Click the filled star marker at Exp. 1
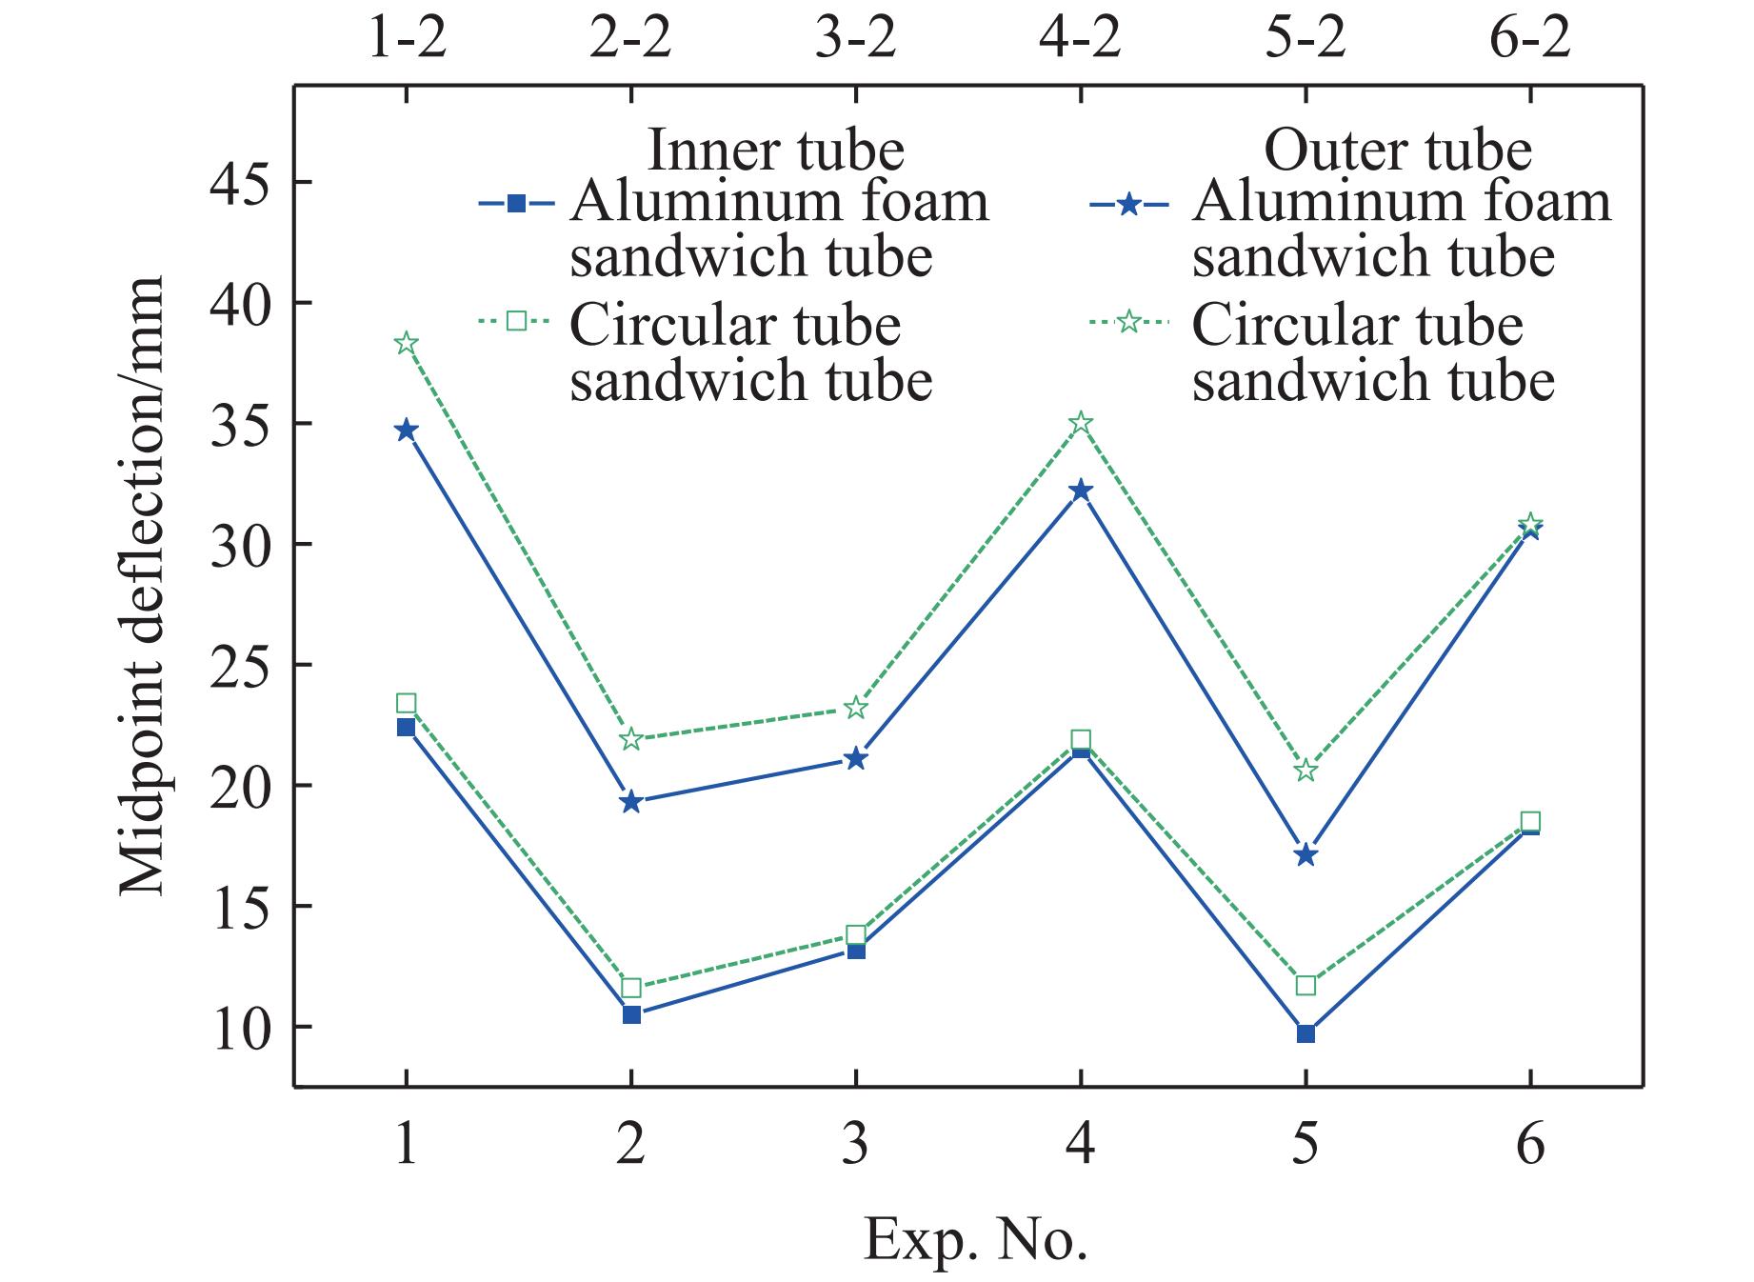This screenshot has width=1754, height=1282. (407, 431)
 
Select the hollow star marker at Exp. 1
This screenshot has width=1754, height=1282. (407, 344)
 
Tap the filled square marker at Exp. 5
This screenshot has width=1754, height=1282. (1306, 1033)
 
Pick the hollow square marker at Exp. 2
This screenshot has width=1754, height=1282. (631, 988)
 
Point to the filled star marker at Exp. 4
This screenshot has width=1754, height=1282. (1081, 491)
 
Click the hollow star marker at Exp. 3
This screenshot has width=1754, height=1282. (856, 708)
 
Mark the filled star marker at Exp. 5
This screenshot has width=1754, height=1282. (1306, 854)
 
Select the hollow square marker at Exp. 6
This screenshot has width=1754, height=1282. (1530, 822)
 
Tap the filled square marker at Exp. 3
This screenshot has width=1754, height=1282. (856, 950)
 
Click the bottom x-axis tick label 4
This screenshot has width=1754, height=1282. (1081, 1143)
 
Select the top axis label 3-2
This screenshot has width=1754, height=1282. (856, 40)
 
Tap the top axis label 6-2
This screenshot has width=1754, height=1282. (1530, 40)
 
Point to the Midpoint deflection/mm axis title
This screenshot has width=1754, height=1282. (143, 586)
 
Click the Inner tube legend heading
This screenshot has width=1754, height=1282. (775, 150)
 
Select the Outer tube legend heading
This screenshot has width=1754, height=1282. (1397, 150)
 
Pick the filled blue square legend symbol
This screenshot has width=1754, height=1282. (516, 203)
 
